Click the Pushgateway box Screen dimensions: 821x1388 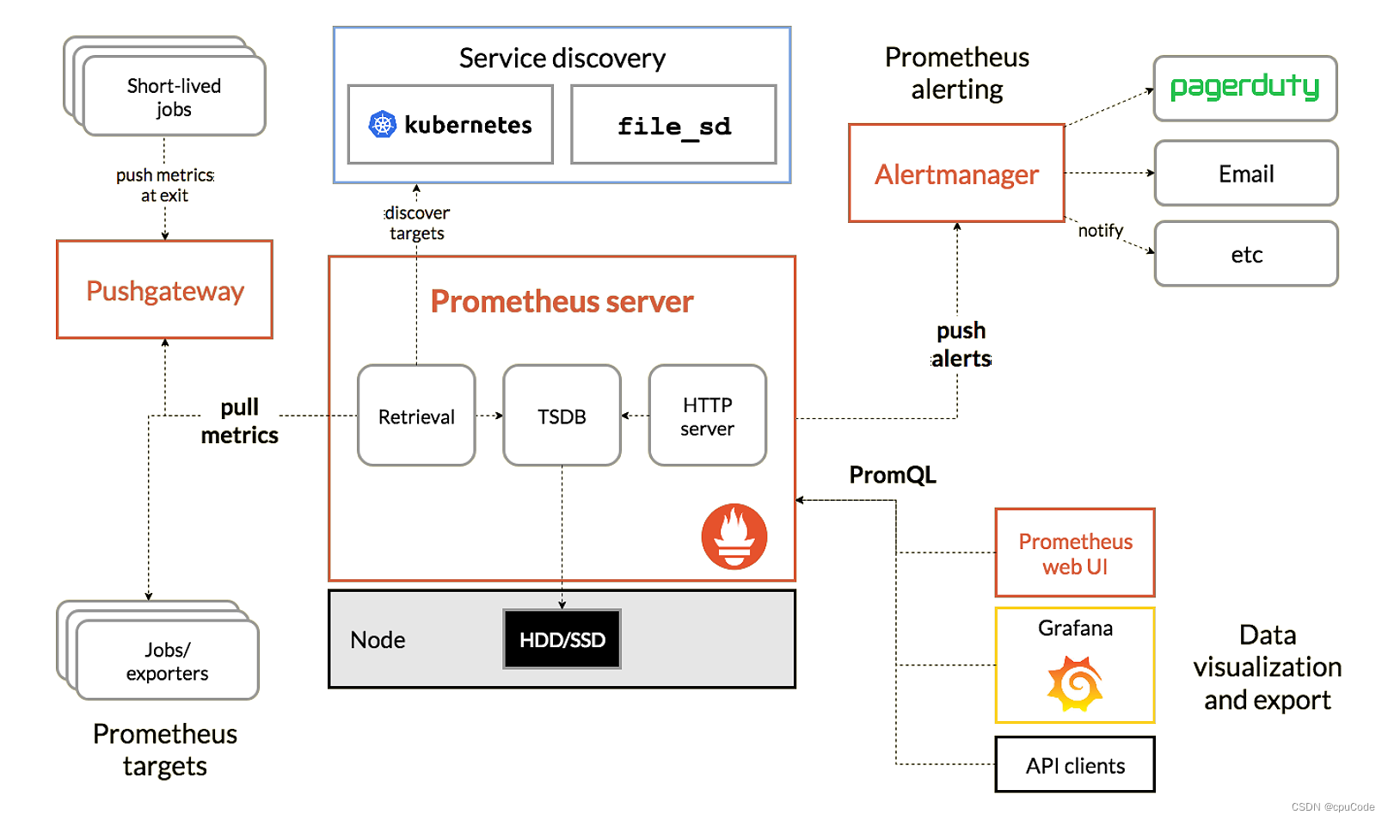coord(164,290)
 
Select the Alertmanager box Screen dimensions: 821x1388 coord(956,174)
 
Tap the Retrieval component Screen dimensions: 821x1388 coord(416,416)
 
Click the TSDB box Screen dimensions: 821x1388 coord(562,416)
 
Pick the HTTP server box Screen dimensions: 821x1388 coord(707,416)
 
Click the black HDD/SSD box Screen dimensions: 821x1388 coord(562,639)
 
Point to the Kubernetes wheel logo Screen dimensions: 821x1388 coord(382,125)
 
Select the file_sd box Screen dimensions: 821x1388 coord(673,125)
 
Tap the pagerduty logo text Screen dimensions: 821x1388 coord(1244,87)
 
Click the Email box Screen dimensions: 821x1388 coord(1246,174)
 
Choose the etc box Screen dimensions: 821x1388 coord(1246,254)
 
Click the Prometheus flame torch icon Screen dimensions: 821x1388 coord(734,536)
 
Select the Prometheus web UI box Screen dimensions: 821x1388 coord(1074,553)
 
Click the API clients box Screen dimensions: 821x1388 coord(1074,765)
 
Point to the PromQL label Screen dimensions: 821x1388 coord(893,475)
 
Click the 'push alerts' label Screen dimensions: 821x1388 coord(961,344)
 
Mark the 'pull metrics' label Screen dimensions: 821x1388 coord(239,421)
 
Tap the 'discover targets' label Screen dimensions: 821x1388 coord(417,223)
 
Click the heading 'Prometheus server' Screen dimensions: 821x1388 coord(562,301)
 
